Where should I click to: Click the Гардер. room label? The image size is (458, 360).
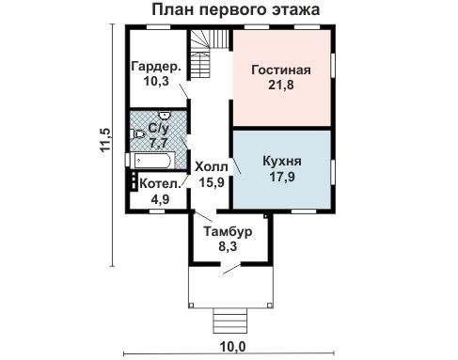coord(155,66)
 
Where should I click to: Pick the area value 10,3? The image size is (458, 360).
coord(155,81)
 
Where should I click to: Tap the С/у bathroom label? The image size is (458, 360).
coord(159,122)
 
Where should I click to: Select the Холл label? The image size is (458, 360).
coord(210,166)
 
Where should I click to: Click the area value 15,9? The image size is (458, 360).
coord(210,181)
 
